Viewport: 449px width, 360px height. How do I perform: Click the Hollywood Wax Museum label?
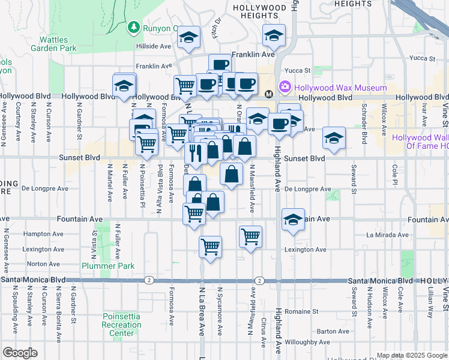tap(340, 88)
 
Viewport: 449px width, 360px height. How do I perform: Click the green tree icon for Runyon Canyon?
tap(133, 28)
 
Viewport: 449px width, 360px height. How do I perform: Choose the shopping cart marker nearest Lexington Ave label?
tap(250, 235)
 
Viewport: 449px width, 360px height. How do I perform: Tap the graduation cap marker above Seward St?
tap(334, 137)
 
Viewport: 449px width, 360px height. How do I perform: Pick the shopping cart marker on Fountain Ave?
tap(194, 212)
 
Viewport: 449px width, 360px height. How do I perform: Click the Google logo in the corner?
tap(20, 353)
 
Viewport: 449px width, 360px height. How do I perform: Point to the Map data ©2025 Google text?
tap(412, 355)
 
